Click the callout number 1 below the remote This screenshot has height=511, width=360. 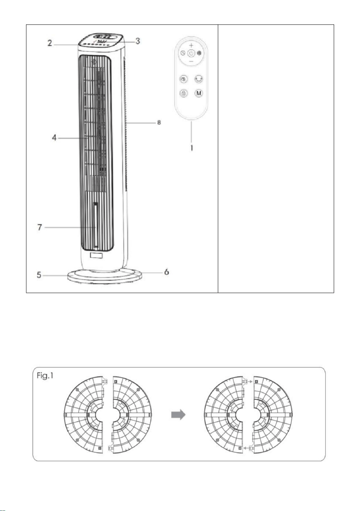(192, 148)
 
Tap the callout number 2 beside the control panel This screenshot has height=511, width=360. (50, 43)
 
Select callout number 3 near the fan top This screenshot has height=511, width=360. (138, 41)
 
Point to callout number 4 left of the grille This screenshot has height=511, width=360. (54, 138)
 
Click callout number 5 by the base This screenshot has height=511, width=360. (39, 275)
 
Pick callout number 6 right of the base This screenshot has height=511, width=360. (166, 272)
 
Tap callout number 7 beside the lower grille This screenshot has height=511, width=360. (40, 227)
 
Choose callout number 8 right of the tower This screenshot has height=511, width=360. (159, 122)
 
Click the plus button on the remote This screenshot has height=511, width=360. (191, 46)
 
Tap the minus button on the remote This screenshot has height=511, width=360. (191, 61)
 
